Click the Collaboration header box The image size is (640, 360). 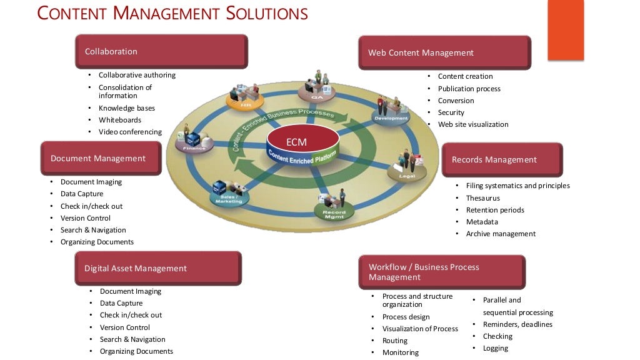pos(161,51)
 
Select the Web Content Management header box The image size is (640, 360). pos(444,52)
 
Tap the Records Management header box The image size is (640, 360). pos(502,159)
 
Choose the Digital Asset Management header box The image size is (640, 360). pos(157,268)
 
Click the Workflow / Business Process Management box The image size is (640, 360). pos(442,272)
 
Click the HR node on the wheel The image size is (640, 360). pos(239,99)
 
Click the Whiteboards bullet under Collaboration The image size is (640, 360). pos(120,120)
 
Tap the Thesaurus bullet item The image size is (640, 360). pos(482,198)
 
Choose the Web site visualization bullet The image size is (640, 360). pos(473,124)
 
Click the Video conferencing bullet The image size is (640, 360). pos(130,132)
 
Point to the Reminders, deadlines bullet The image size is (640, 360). pos(517,324)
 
